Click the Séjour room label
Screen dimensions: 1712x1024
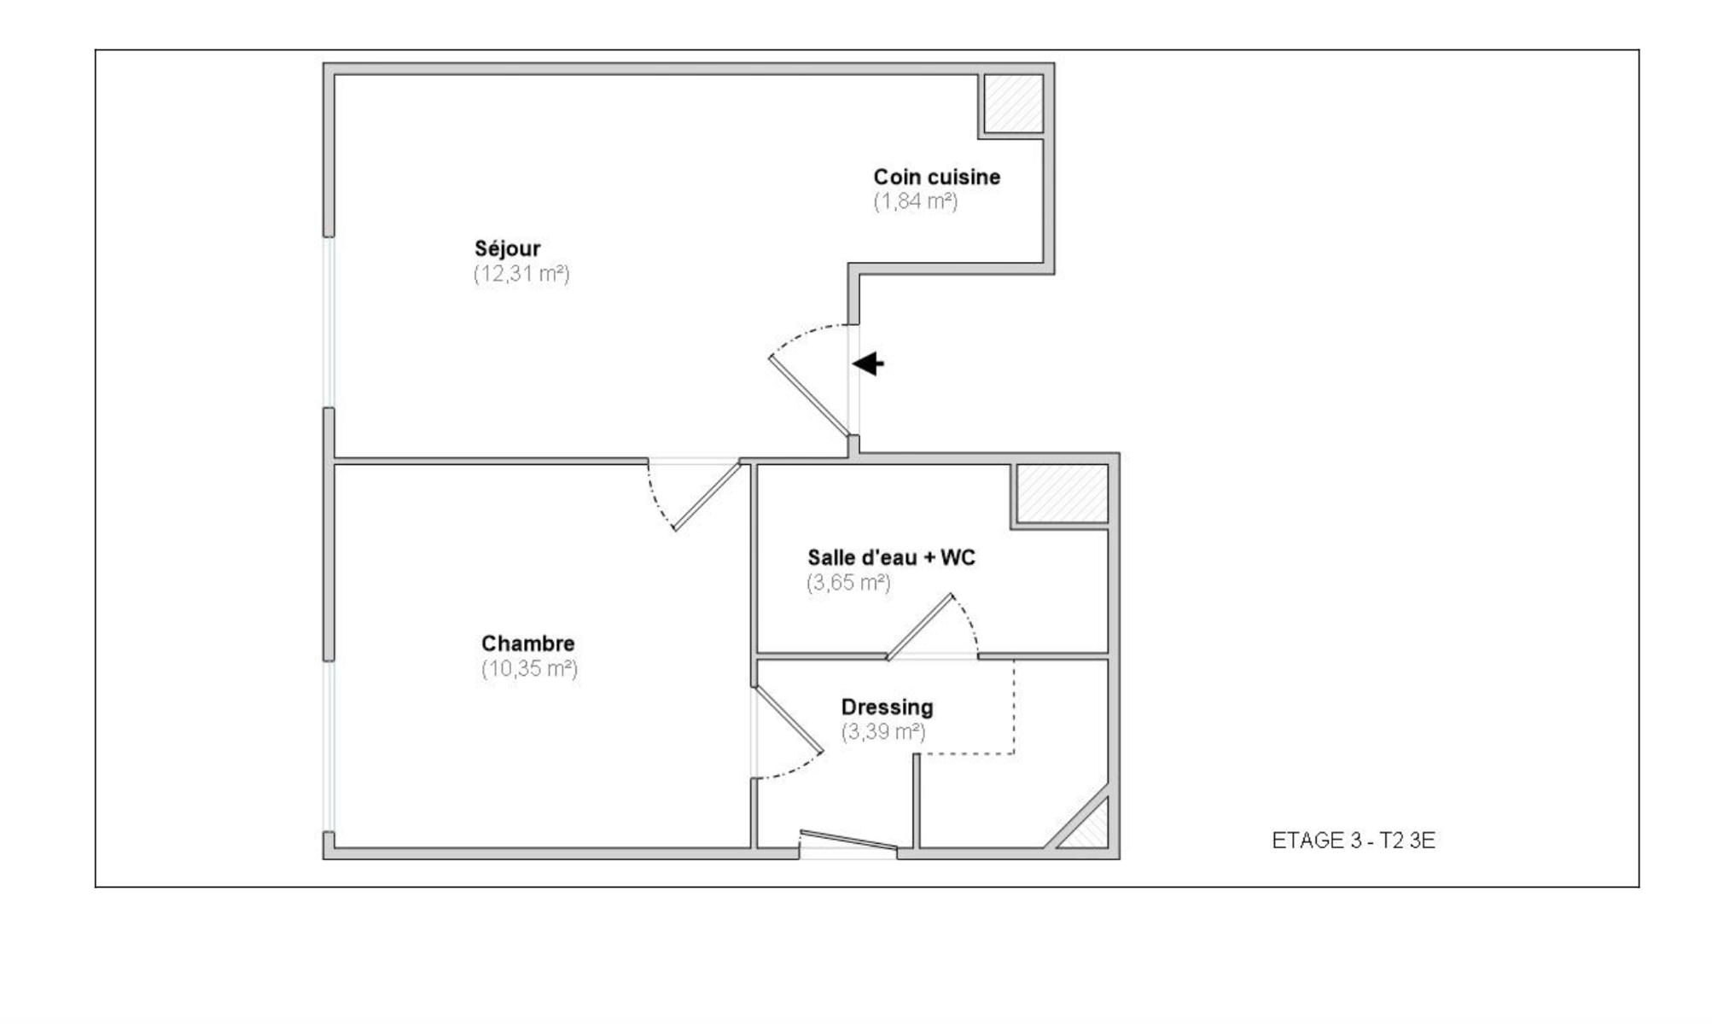pyautogui.click(x=508, y=249)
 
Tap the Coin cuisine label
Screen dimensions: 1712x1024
pyautogui.click(x=936, y=177)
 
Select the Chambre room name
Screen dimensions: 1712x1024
pyautogui.click(x=527, y=643)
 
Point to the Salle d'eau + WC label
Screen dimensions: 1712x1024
pyautogui.click(x=891, y=557)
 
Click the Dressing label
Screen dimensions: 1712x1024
pyautogui.click(x=887, y=707)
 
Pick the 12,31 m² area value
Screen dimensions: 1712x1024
pyautogui.click(x=521, y=274)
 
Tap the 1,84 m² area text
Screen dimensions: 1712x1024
pyautogui.click(x=915, y=201)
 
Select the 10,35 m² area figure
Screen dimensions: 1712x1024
pyautogui.click(x=529, y=668)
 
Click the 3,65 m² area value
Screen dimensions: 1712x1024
pyautogui.click(x=848, y=583)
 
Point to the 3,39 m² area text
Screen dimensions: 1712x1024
pyautogui.click(x=883, y=732)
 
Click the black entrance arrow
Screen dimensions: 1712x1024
pyautogui.click(x=868, y=364)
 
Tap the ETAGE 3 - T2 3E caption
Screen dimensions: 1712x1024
pyautogui.click(x=1354, y=841)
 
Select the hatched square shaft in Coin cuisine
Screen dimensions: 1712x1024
pyautogui.click(x=1014, y=104)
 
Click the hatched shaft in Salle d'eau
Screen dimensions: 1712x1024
pyautogui.click(x=1063, y=493)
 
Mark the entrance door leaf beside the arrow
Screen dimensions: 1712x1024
pyautogui.click(x=809, y=395)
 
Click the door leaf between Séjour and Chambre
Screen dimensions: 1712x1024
pyautogui.click(x=707, y=496)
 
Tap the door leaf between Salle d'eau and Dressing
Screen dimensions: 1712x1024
pyautogui.click(x=920, y=627)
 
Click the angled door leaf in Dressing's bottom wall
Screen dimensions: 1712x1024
pyautogui.click(x=849, y=841)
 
